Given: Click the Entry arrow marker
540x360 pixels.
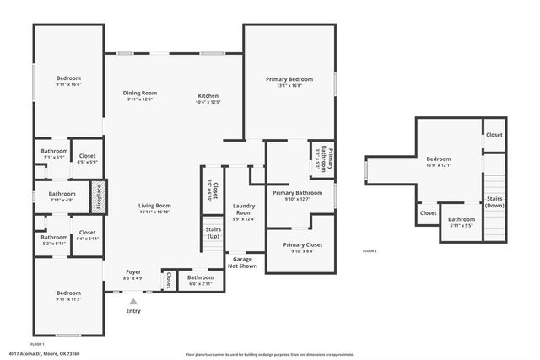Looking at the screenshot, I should point(132,300).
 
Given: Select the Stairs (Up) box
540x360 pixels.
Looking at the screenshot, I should point(213,232).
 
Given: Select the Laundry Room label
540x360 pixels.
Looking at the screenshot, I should point(244,212).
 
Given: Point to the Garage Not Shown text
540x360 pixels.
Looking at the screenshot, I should point(243,262).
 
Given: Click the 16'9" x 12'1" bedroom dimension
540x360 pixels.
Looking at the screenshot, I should point(438,165).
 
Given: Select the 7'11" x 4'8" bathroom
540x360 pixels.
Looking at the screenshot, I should point(56,197).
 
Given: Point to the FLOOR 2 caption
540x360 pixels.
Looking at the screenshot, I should point(370,251).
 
